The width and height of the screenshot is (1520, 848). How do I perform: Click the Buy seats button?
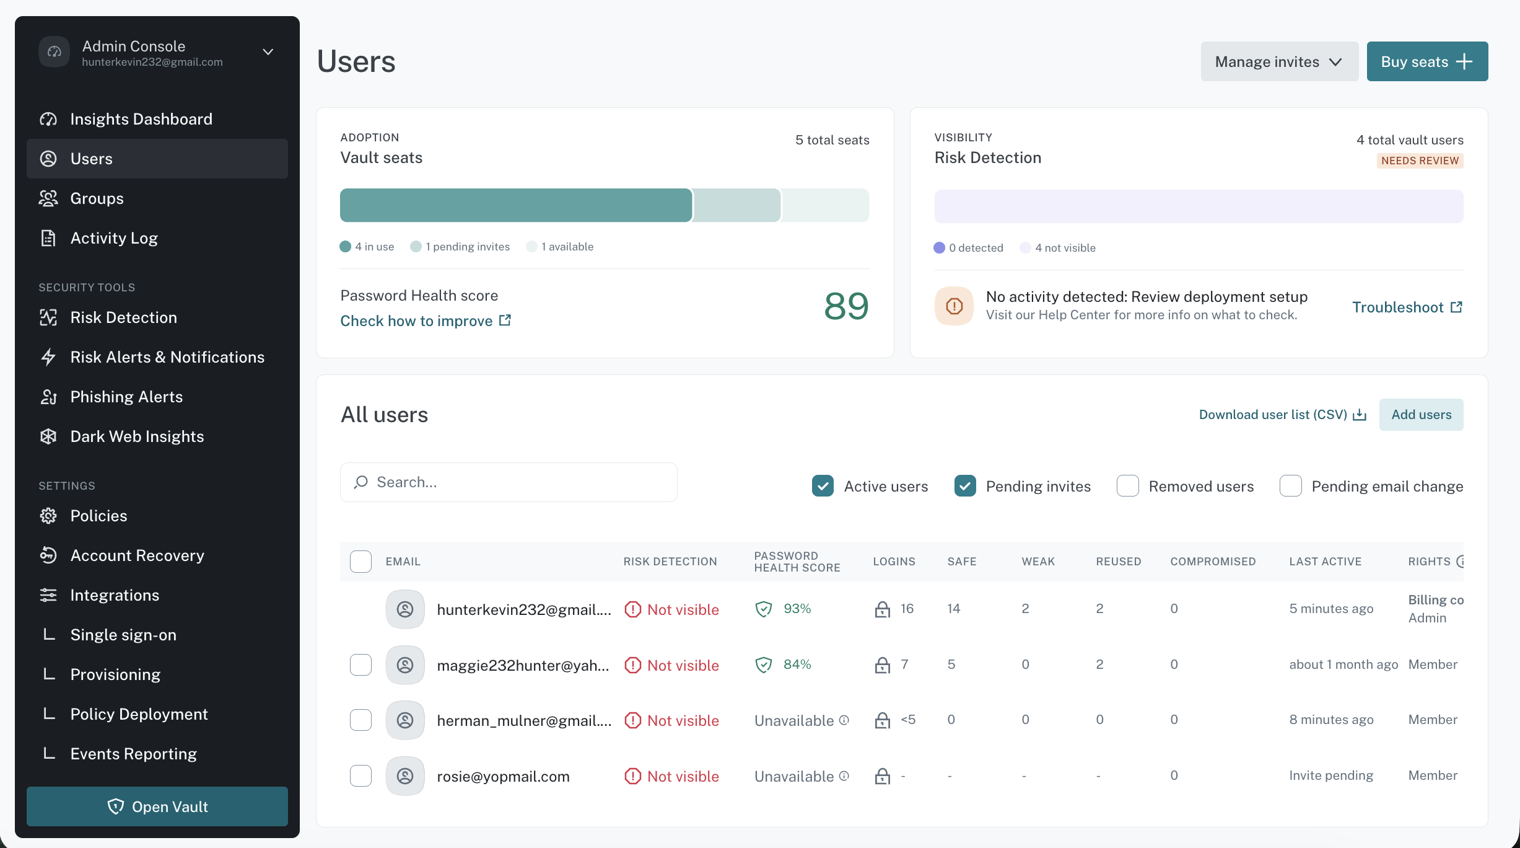coord(1427,61)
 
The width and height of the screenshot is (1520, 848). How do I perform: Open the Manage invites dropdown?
coord(1279,61)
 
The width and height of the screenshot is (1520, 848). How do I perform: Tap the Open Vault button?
coord(157,806)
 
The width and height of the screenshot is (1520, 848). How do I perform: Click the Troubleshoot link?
coord(1407,307)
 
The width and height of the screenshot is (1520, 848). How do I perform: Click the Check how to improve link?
coord(426,320)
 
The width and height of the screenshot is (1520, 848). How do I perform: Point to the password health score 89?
coord(846,306)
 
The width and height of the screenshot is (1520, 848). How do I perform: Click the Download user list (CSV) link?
coord(1282,415)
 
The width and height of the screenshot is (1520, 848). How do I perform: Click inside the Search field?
coord(509,482)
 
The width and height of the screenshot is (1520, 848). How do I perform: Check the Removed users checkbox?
coord(1128,486)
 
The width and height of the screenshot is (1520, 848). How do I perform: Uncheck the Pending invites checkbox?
coord(965,486)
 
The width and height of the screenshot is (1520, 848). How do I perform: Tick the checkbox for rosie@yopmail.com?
coord(360,775)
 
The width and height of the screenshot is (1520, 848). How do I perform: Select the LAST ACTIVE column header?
coord(1326,562)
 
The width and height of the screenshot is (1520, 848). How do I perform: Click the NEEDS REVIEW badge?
coord(1420,161)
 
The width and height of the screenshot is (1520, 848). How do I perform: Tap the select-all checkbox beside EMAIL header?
coord(360,562)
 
